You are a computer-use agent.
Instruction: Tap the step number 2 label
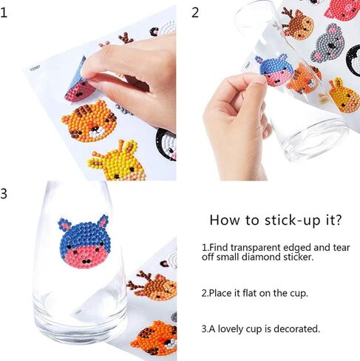pyautogui.click(x=195, y=12)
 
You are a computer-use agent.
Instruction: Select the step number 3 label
pyautogui.click(x=5, y=194)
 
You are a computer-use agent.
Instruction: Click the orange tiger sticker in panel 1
pyautogui.click(x=88, y=121)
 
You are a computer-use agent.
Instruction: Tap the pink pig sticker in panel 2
pyautogui.click(x=342, y=7)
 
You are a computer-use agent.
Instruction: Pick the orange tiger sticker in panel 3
pyautogui.click(x=154, y=337)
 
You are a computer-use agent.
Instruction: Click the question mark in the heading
pyautogui.click(x=337, y=220)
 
